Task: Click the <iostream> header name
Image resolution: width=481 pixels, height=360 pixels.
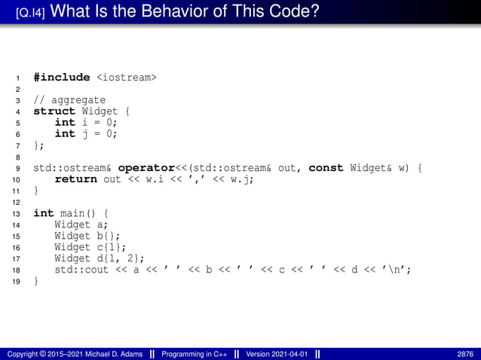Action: [125, 78]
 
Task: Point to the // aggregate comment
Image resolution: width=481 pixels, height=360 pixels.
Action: [69, 100]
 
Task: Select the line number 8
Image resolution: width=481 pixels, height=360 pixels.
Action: [17, 157]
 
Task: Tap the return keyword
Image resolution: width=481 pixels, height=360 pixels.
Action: [75, 179]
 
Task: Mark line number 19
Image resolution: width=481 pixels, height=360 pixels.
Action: [17, 281]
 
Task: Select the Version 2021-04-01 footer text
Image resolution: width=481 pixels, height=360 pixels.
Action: [278, 354]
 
